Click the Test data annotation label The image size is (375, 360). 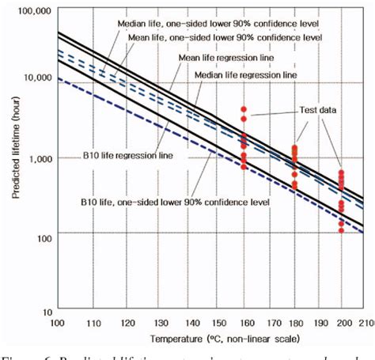tap(317, 110)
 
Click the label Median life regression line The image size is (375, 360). tap(246, 74)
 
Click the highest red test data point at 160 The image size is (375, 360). tap(244, 108)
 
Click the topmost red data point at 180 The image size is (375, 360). tap(294, 146)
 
